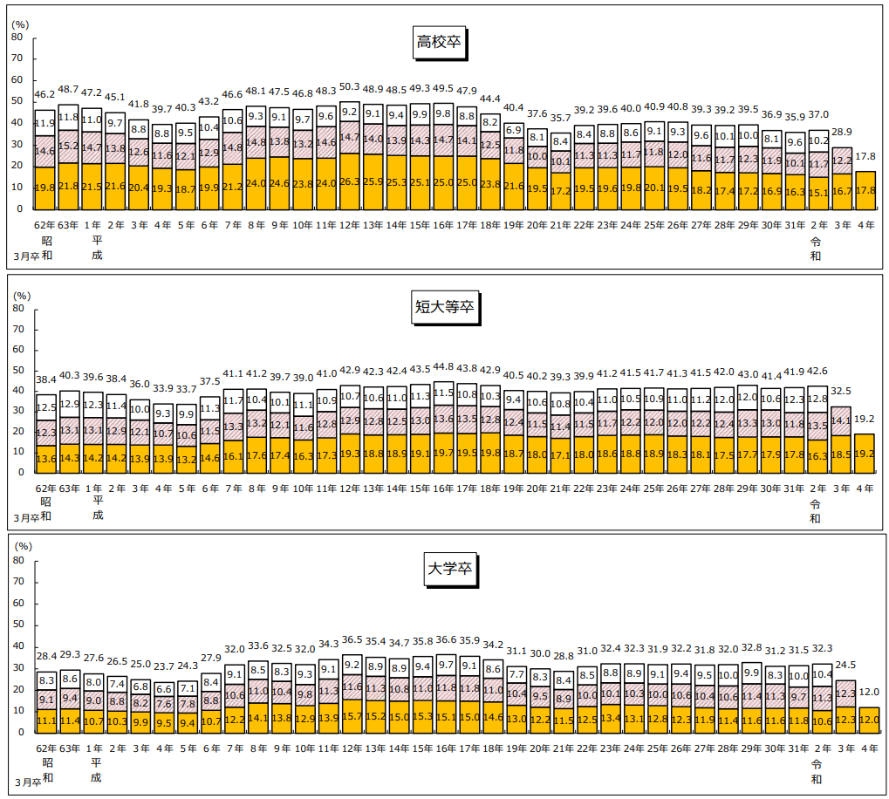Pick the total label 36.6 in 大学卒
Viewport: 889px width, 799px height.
click(x=444, y=640)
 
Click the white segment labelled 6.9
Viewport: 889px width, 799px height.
click(x=515, y=130)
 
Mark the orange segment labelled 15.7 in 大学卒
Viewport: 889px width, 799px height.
click(x=351, y=715)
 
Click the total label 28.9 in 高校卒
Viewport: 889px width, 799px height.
click(x=843, y=131)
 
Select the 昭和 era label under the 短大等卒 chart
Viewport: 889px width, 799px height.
click(x=45, y=508)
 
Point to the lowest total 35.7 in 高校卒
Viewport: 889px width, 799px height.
click(x=561, y=118)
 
